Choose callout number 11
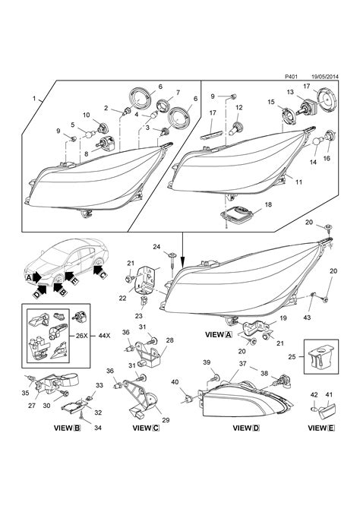pyautogui.click(x=298, y=182)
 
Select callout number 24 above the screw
pyautogui.click(x=156, y=245)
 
